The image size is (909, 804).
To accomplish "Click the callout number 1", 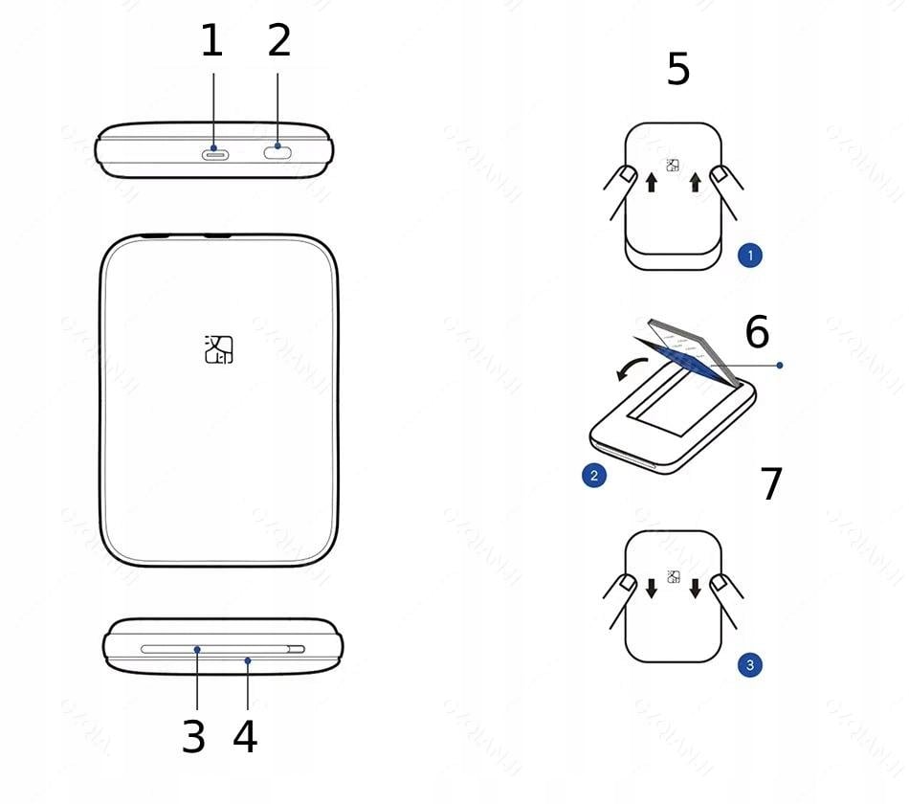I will tap(211, 42).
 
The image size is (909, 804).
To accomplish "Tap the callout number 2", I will tap(278, 42).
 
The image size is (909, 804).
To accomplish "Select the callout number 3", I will tap(194, 737).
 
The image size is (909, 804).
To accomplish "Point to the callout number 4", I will tap(246, 737).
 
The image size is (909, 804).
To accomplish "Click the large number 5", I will tap(678, 70).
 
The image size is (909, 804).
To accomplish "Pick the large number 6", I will tap(757, 332).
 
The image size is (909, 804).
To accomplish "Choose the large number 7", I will tap(771, 484).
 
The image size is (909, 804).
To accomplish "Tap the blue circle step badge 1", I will tap(750, 256).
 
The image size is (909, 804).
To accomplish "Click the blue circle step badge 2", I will tap(594, 475).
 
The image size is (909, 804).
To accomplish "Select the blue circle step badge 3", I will tap(750, 664).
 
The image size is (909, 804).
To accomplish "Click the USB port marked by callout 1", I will tap(213, 151).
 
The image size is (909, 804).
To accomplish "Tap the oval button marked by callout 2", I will tap(277, 148).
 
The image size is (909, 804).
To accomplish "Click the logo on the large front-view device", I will tap(219, 349).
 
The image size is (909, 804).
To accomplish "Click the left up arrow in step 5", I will tap(651, 182).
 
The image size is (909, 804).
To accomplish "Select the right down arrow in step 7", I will tap(696, 587).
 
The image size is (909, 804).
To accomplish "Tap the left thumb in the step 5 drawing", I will tap(623, 176).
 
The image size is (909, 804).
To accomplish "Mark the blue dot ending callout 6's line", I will tap(781, 365).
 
